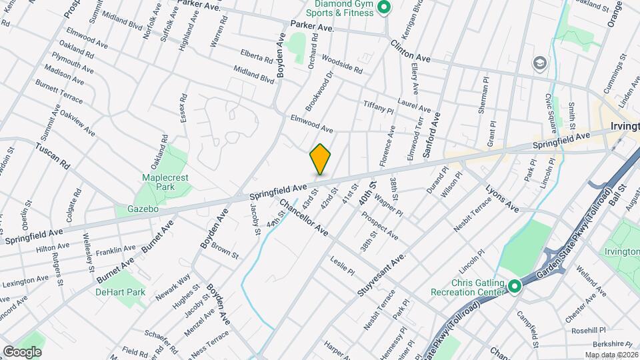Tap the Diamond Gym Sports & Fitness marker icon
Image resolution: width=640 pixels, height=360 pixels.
383,8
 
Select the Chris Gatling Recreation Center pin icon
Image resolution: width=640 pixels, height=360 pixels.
514,287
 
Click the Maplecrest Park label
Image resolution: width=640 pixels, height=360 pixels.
157,182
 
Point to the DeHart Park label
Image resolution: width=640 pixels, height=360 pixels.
120,292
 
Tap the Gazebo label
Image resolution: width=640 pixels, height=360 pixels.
143,209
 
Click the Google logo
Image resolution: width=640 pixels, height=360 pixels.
22,351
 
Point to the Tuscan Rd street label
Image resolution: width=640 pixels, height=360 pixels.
53,155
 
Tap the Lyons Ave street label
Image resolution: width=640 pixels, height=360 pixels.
502,198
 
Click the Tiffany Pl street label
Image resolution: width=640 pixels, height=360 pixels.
378,109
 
